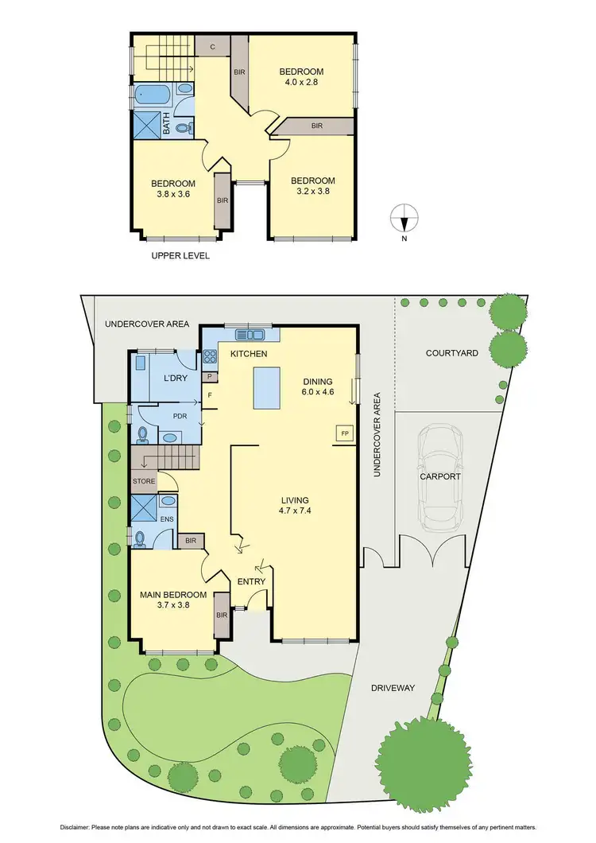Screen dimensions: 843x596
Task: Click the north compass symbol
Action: point(405,215)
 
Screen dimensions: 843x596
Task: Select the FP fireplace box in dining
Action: point(345,433)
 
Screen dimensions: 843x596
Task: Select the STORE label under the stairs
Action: point(144,481)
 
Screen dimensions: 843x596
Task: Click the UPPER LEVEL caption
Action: point(180,256)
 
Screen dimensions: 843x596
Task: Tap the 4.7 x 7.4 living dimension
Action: point(294,511)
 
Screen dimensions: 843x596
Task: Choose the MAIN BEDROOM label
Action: point(173,595)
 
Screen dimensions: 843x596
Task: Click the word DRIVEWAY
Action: point(393,688)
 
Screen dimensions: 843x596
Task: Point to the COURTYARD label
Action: point(452,352)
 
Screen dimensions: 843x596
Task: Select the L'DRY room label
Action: point(175,378)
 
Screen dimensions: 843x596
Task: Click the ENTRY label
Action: point(252,583)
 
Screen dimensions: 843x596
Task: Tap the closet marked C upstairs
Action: point(212,47)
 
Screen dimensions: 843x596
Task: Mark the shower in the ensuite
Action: point(144,507)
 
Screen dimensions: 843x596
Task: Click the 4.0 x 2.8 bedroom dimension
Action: point(301,84)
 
